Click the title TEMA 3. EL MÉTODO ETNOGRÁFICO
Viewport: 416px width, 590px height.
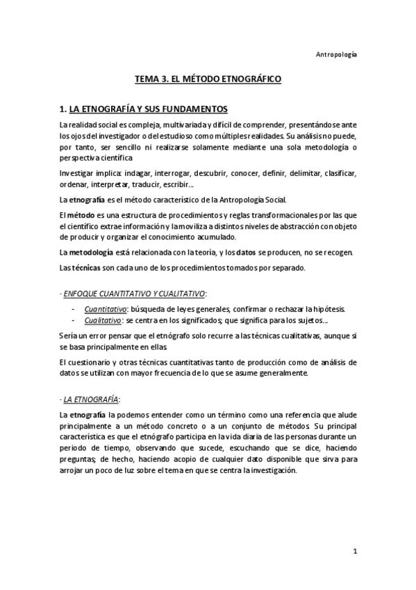(208, 80)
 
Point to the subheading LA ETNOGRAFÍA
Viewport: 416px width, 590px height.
(91, 399)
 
